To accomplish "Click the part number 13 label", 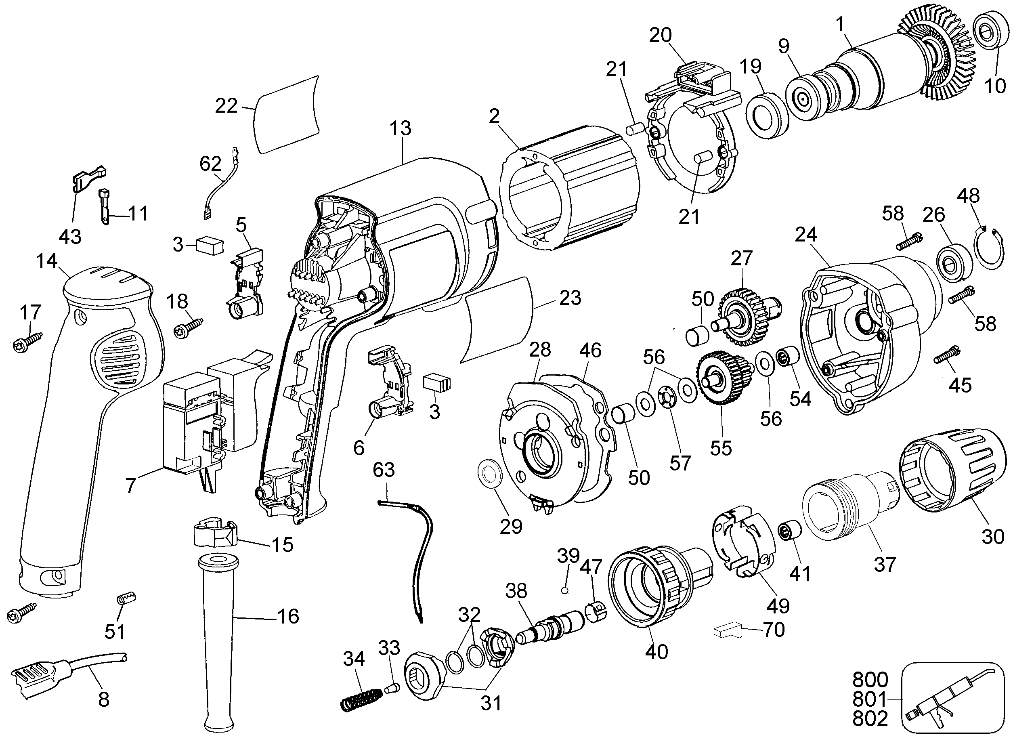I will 400,129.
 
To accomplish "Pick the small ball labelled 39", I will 564,590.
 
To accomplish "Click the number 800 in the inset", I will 870,680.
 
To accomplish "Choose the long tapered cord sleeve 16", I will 218,643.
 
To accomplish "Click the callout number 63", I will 384,470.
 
